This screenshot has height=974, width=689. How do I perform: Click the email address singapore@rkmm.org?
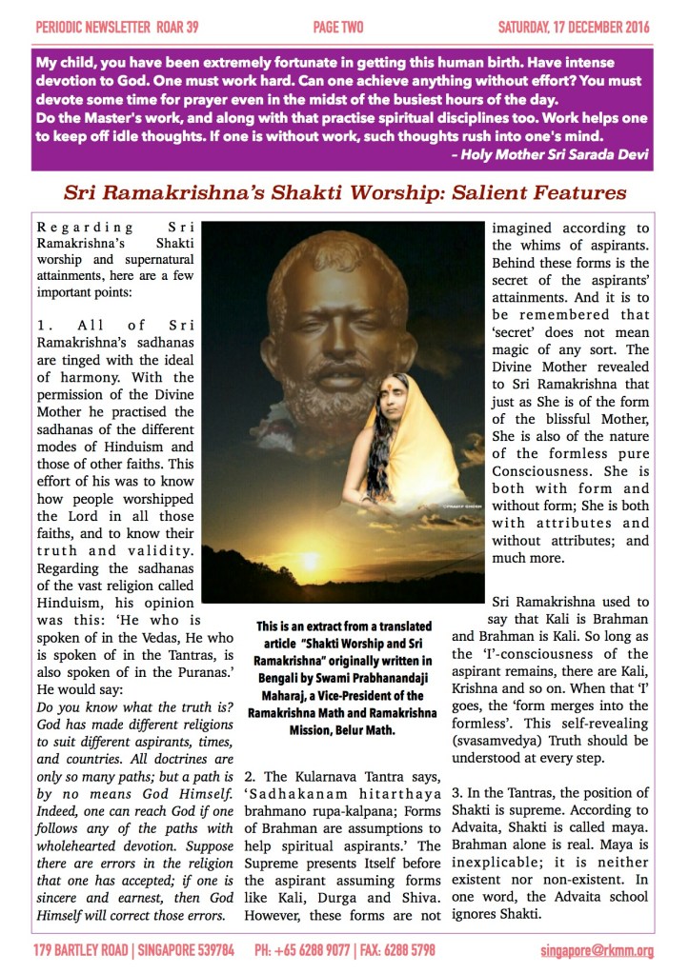[596, 949]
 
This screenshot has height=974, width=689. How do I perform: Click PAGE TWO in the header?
[337, 26]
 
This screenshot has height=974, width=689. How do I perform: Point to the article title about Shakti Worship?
[344, 192]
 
